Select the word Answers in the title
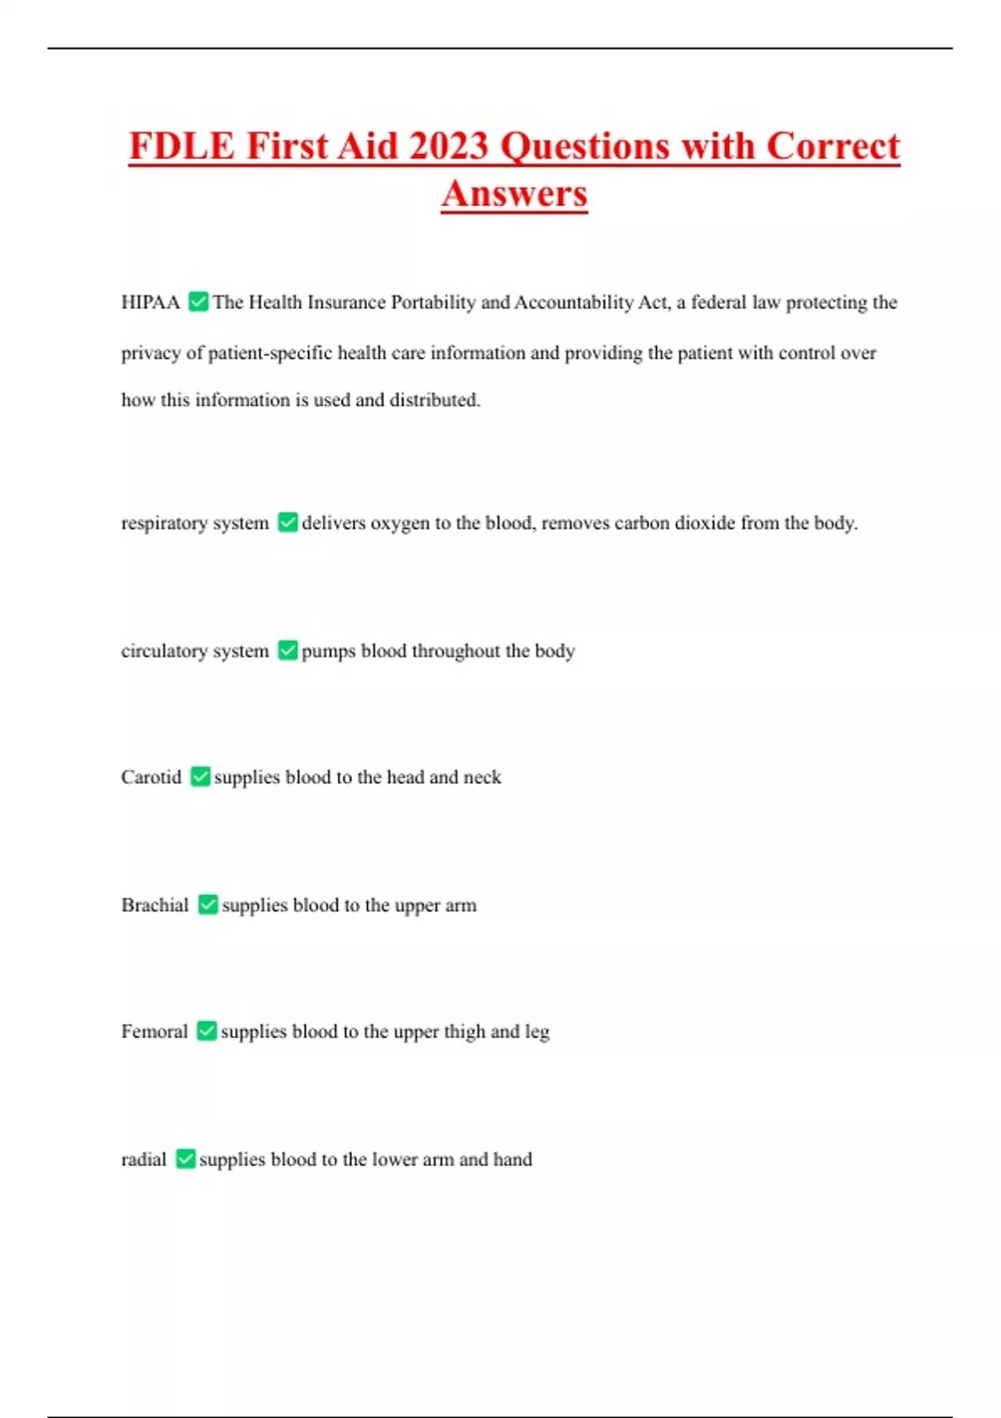[515, 194]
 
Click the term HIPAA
[150, 302]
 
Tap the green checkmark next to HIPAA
[199, 301]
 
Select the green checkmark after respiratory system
[288, 522]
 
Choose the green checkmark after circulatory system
[288, 650]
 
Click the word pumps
[329, 651]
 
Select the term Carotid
[151, 777]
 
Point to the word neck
[482, 777]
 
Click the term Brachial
[155, 905]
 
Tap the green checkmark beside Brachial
[208, 904]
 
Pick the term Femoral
[154, 1032]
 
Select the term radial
[143, 1159]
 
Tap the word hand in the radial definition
[512, 1159]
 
